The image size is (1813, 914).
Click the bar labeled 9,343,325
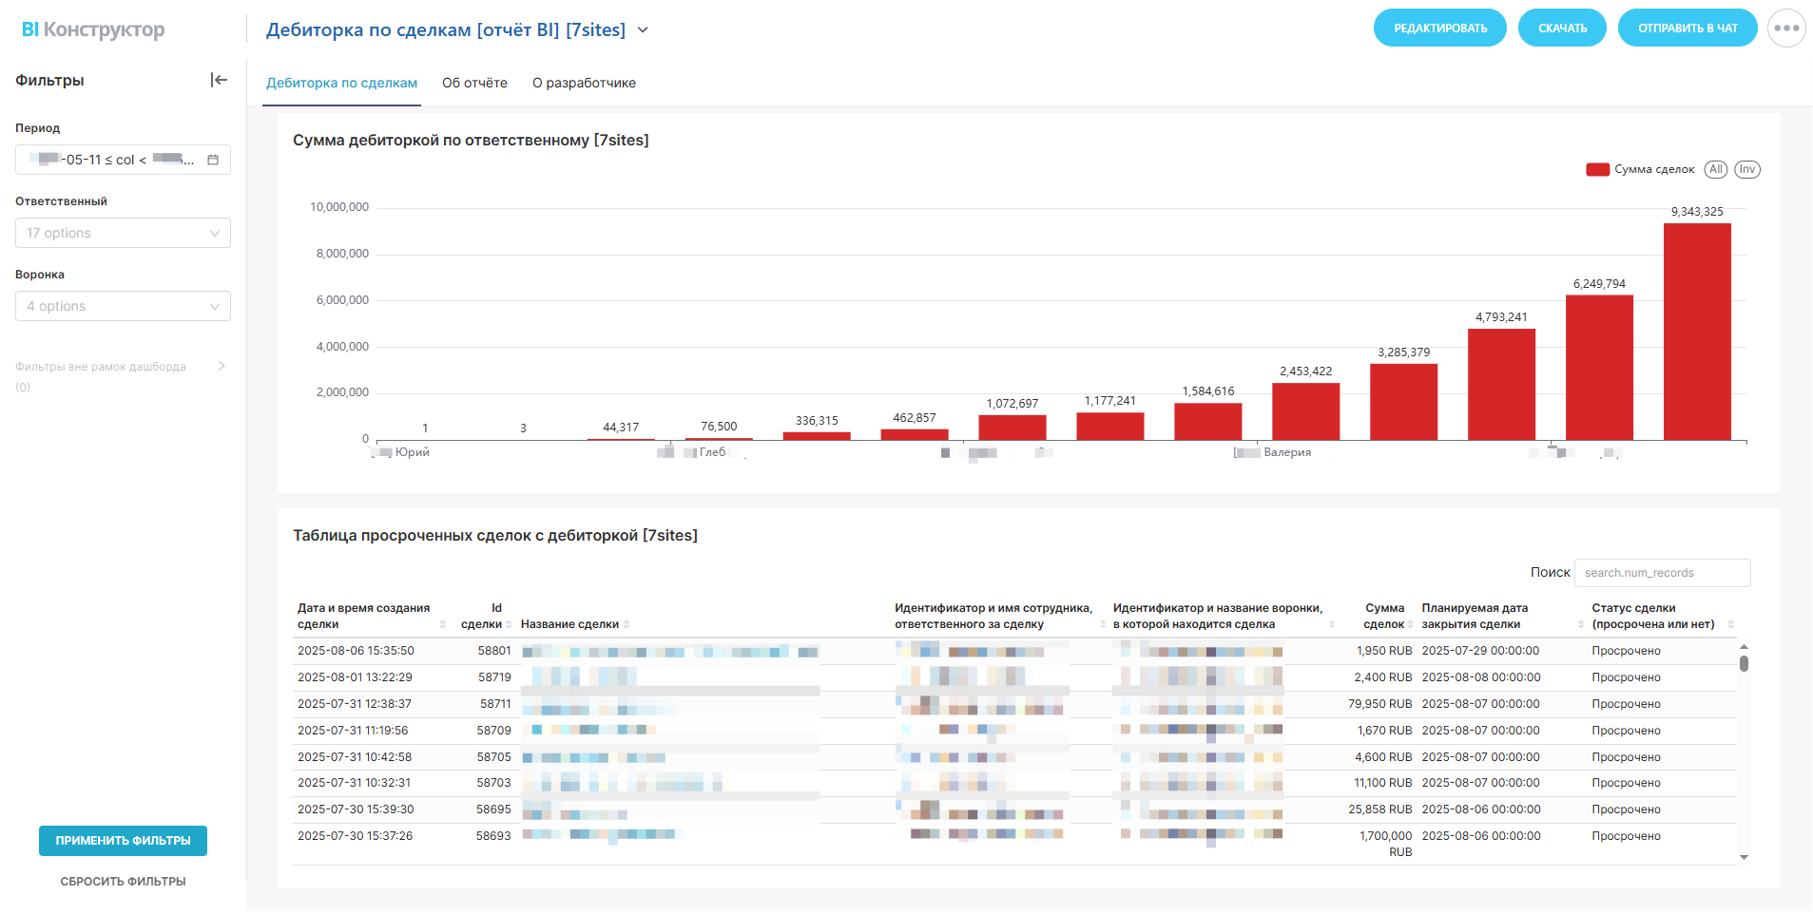[x=1696, y=332]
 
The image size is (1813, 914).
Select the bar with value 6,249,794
[x=1599, y=368]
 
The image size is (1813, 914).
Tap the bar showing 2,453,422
[x=1305, y=411]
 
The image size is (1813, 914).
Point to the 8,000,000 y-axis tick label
[x=342, y=254]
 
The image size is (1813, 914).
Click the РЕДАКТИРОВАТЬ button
[x=1439, y=29]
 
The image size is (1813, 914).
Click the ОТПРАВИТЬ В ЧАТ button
[x=1687, y=29]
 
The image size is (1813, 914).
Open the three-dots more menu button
[x=1785, y=29]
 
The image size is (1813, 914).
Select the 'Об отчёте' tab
[x=474, y=83]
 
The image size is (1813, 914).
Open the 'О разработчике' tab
[x=584, y=83]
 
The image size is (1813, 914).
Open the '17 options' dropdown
[x=123, y=233]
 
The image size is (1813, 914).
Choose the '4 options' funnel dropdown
[x=123, y=306]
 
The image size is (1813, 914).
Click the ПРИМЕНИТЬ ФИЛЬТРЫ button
[x=123, y=841]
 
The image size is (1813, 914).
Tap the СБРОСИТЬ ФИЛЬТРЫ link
[x=123, y=882]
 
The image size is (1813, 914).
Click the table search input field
[x=1661, y=573]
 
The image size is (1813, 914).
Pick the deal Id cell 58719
[x=494, y=677]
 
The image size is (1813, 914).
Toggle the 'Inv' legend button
[x=1746, y=169]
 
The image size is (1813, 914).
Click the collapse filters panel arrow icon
[x=219, y=80]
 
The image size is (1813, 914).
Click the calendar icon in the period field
[x=213, y=160]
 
